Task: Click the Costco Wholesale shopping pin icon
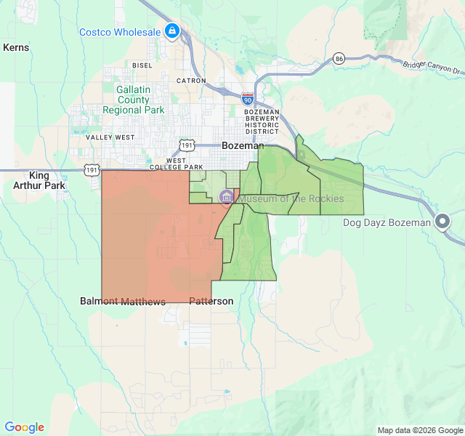point(172,31)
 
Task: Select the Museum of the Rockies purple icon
point(227,198)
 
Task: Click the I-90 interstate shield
point(248,97)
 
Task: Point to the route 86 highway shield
point(339,58)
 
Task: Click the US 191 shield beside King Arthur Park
point(92,169)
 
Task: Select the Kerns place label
point(16,47)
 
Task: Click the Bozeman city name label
point(243,145)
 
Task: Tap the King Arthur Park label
point(47,180)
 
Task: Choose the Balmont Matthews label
point(123,301)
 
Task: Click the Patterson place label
point(211,301)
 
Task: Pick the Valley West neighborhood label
point(110,137)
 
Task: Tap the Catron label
point(191,81)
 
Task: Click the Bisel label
point(142,65)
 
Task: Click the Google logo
point(24,427)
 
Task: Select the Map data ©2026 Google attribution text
point(419,430)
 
